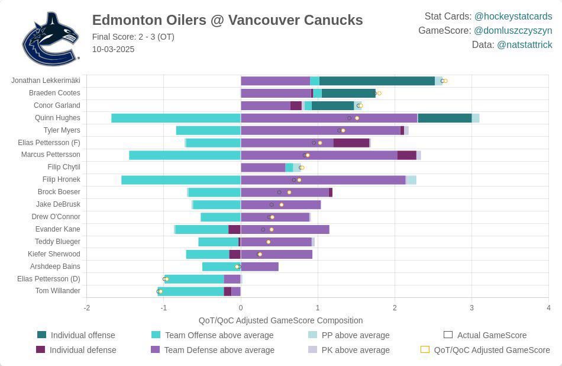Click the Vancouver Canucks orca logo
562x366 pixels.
pyautogui.click(x=50, y=38)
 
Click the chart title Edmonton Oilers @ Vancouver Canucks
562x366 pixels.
pyautogui.click(x=227, y=20)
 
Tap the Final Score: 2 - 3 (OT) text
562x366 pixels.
pyautogui.click(x=133, y=37)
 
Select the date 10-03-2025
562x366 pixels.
pyautogui.click(x=113, y=49)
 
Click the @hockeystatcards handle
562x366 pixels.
pyautogui.click(x=513, y=17)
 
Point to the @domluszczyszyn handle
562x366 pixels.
pyautogui.click(x=512, y=30)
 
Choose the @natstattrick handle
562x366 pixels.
pyautogui.click(x=524, y=44)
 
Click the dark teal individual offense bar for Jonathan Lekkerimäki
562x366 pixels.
pyautogui.click(x=377, y=81)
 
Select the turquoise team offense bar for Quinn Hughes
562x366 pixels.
pyautogui.click(x=176, y=118)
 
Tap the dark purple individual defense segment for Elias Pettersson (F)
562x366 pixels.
pyautogui.click(x=351, y=143)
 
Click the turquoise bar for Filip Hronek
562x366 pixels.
pyautogui.click(x=180, y=179)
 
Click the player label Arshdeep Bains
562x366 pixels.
pyautogui.click(x=55, y=267)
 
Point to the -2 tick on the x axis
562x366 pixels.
pyautogui.click(x=87, y=308)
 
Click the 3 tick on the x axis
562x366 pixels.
pyautogui.click(x=471, y=308)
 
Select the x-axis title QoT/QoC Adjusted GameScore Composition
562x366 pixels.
pyautogui.click(x=280, y=320)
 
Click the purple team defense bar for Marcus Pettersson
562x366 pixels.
pyautogui.click(x=319, y=155)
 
